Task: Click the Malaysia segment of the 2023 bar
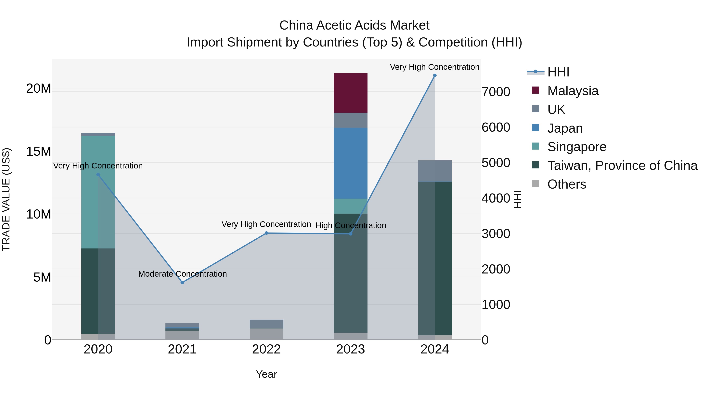[x=350, y=93]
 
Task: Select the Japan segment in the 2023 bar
[x=350, y=163]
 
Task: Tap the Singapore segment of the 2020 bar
[x=98, y=192]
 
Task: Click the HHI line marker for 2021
[x=182, y=283]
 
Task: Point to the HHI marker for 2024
[x=435, y=75]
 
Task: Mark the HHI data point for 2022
[x=266, y=233]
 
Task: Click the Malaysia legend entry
[x=573, y=91]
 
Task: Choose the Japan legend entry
[x=565, y=128]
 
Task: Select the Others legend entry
[x=566, y=184]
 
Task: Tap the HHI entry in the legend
[x=558, y=72]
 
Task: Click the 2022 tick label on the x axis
[x=266, y=349]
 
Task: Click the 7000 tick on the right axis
[x=496, y=92]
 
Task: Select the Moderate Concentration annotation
[x=183, y=274]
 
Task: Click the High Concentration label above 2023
[x=351, y=226]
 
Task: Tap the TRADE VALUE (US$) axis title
[x=6, y=199]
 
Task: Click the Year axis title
[x=266, y=374]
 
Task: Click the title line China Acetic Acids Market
[x=354, y=25]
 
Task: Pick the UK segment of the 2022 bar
[x=266, y=324]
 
